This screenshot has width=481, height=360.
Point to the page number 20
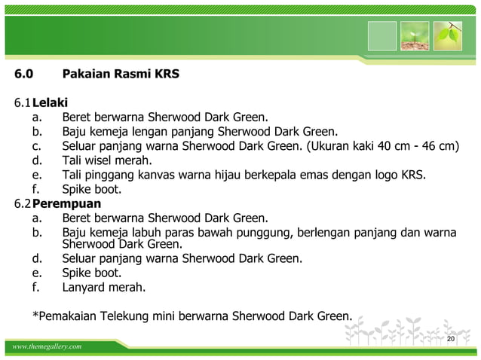click(451, 340)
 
